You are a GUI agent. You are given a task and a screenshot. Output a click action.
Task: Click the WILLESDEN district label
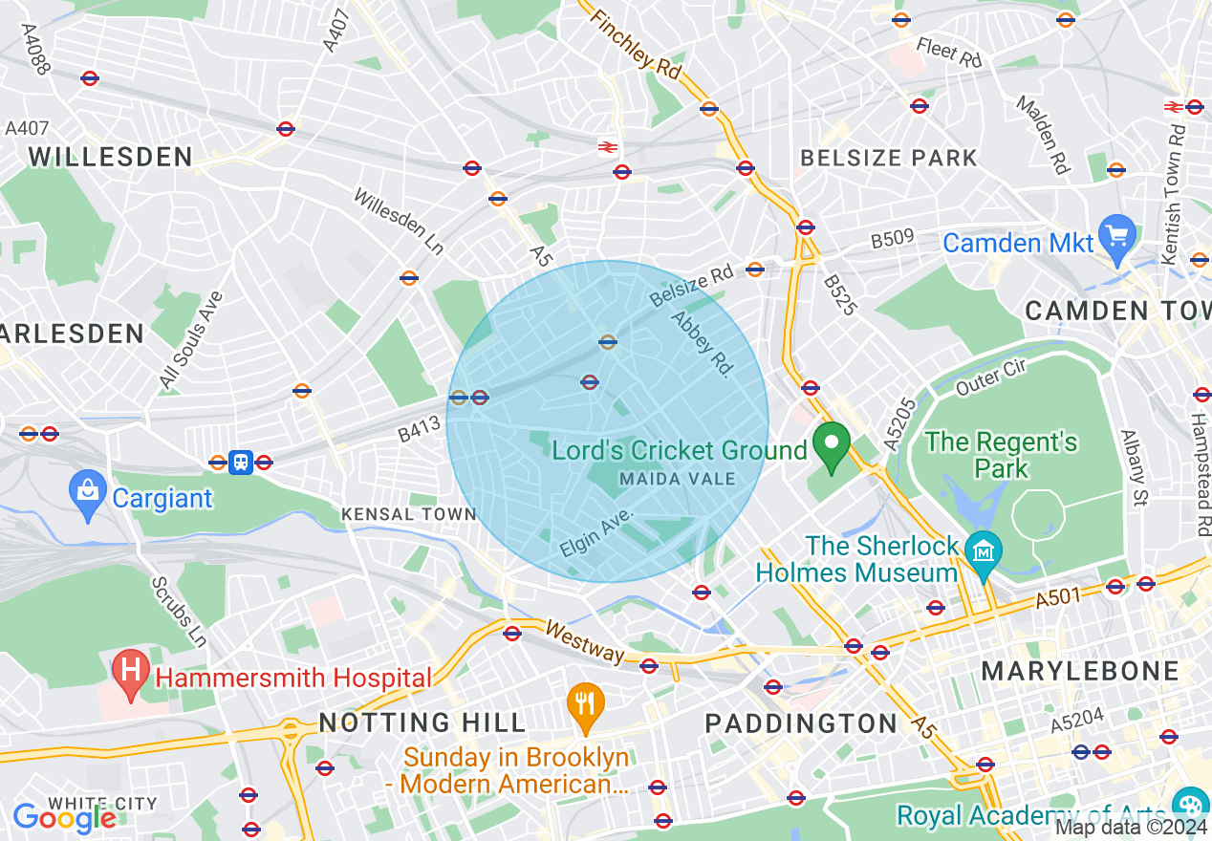pos(111,157)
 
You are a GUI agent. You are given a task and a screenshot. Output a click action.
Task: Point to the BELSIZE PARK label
pos(888,158)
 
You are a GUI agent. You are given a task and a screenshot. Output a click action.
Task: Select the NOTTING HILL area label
pos(422,722)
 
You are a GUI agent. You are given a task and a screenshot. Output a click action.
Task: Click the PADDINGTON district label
pos(801,723)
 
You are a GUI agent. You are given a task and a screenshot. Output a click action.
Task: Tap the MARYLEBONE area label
pos(1080,671)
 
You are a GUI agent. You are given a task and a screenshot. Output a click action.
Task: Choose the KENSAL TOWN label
pos(409,514)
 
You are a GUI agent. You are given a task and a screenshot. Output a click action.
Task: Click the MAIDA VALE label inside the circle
pos(678,478)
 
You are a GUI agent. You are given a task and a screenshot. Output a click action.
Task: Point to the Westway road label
pos(585,641)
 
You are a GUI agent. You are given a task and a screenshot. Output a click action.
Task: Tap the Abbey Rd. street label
pos(700,344)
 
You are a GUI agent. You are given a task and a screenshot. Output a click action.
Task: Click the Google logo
pos(65,818)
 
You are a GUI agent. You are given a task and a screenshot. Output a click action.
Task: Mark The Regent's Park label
pos(1001,455)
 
